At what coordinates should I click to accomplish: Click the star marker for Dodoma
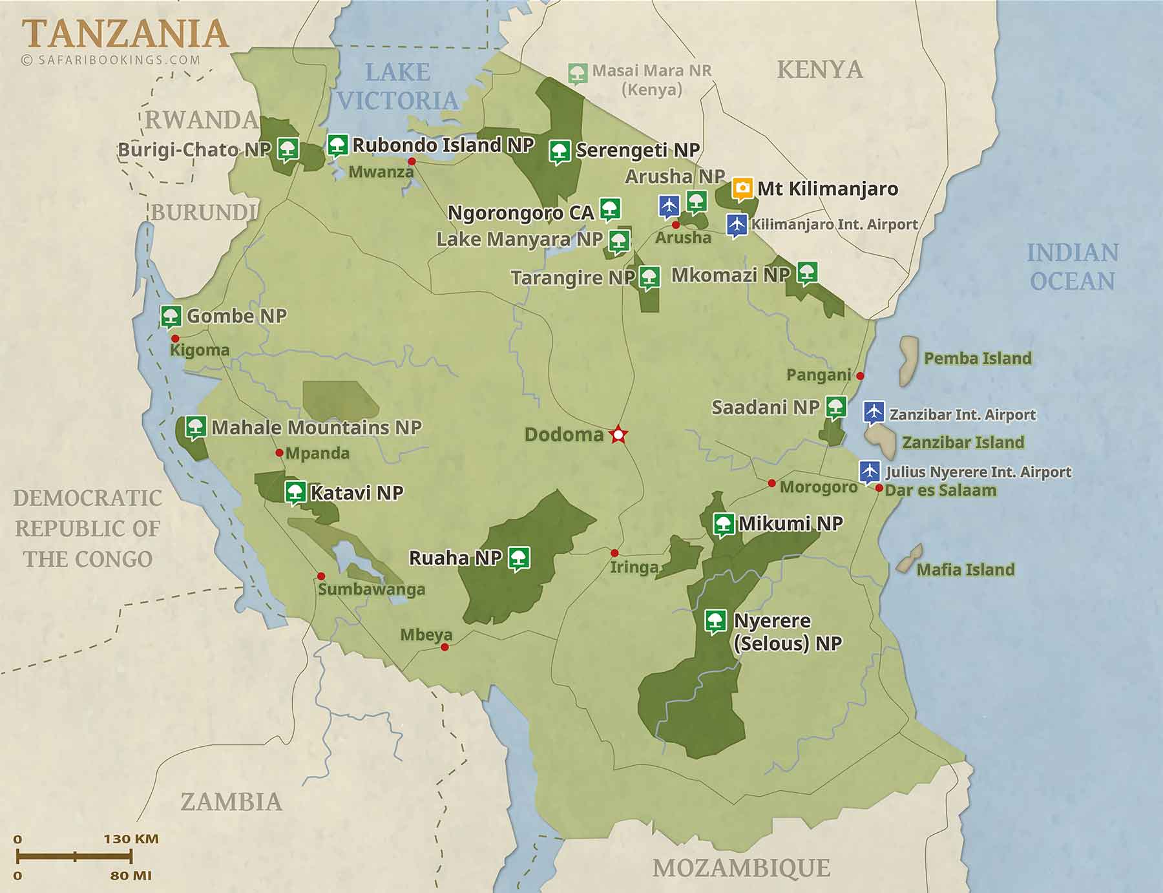(618, 435)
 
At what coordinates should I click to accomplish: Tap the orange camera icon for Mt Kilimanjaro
(742, 188)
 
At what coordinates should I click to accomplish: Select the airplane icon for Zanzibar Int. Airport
(873, 412)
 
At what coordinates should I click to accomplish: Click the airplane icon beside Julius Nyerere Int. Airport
(869, 470)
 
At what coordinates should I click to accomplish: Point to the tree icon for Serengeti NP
(560, 151)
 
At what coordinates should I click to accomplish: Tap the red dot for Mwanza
(412, 162)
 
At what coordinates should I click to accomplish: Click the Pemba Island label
(977, 359)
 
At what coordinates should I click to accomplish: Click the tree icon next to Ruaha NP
(518, 558)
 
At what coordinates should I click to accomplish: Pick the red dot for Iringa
(614, 553)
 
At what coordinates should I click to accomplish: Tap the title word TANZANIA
(125, 34)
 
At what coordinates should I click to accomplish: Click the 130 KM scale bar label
(131, 839)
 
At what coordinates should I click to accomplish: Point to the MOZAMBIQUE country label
(741, 868)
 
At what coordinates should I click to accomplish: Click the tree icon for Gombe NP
(171, 316)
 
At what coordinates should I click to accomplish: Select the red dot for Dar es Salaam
(879, 488)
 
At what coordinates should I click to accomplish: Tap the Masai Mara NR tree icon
(578, 73)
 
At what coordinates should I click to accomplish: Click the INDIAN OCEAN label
(1073, 266)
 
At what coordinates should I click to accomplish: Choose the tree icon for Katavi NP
(295, 492)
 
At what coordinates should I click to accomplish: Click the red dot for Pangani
(860, 375)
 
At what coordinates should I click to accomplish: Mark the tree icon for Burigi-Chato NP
(288, 149)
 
